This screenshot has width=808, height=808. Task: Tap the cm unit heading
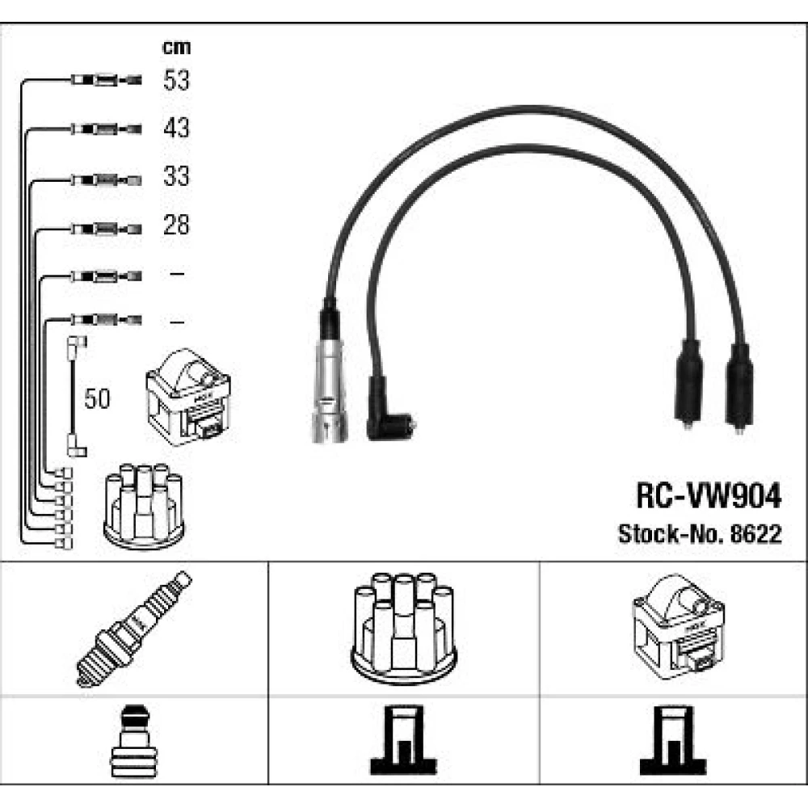[176, 47]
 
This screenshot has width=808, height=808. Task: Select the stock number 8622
[755, 534]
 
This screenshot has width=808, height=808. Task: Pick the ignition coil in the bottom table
[677, 629]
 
